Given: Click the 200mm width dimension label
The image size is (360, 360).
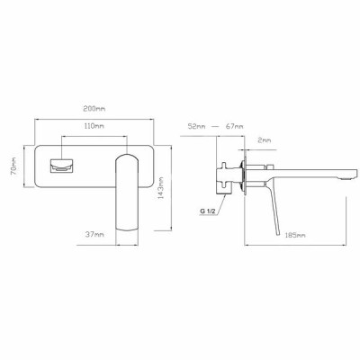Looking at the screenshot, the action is pos(94,109).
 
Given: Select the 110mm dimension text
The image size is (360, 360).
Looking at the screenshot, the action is pos(94,126).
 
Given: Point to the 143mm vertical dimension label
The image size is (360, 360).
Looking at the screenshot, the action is pos(161,188).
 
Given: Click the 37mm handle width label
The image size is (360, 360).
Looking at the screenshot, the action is pos(94,234).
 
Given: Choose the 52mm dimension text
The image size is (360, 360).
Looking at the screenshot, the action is pos(196,126).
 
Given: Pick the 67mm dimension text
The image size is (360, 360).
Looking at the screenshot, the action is pos(234,126).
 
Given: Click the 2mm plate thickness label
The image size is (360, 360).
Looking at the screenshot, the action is pos(265,140).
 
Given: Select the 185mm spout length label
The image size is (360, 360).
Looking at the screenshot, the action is pos(295,235).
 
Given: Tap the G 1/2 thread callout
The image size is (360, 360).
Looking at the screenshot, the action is pos(208,211).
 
